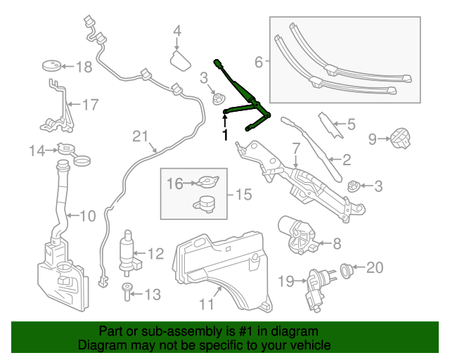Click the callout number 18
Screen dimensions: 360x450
(84, 67)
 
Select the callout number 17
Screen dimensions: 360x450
(91, 105)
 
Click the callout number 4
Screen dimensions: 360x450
(177, 31)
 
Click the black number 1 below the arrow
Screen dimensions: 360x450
(225, 134)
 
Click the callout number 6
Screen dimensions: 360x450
(259, 63)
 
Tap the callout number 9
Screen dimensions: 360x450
(373, 139)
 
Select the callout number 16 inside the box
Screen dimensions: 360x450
(174, 184)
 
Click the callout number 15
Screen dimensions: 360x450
(242, 194)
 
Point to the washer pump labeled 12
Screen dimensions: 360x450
(129, 251)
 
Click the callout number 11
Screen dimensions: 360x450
(206, 305)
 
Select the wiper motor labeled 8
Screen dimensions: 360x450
(299, 235)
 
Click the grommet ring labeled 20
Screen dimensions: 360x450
(347, 268)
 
